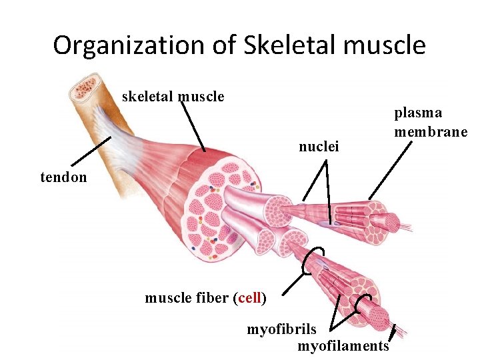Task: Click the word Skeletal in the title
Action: (x=289, y=45)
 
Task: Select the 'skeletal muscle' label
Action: (x=173, y=97)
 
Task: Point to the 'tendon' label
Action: (x=64, y=177)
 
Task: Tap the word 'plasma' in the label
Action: (x=418, y=113)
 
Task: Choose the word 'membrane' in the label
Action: (x=431, y=131)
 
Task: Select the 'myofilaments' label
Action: (x=343, y=346)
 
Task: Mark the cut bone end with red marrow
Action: (x=85, y=87)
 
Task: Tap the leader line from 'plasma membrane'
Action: (x=390, y=170)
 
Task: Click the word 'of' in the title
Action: (x=225, y=45)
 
